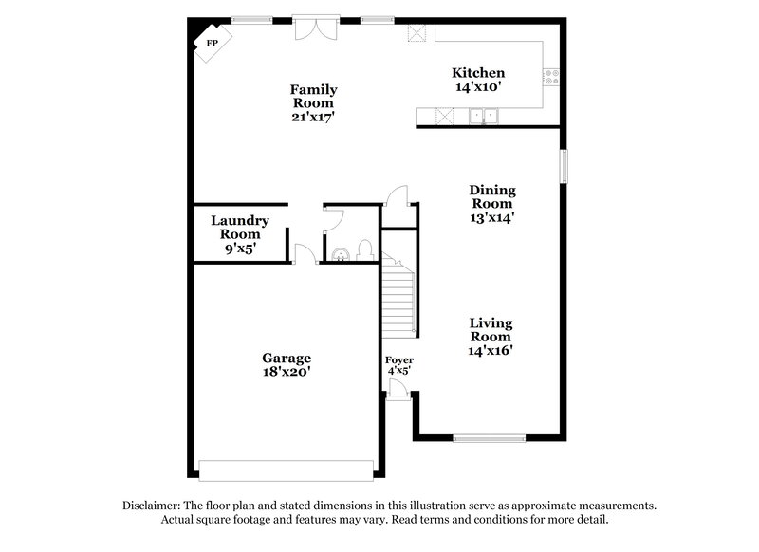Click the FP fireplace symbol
point(210,44)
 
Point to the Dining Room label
point(491,196)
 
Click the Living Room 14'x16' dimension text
point(491,351)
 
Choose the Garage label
point(287,358)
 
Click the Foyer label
point(399,360)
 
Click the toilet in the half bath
point(364,252)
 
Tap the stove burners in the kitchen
point(551,76)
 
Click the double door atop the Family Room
point(314,26)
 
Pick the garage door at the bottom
point(286,470)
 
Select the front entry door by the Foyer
point(399,389)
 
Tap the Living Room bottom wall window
point(489,437)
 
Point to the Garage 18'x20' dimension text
point(287,373)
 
